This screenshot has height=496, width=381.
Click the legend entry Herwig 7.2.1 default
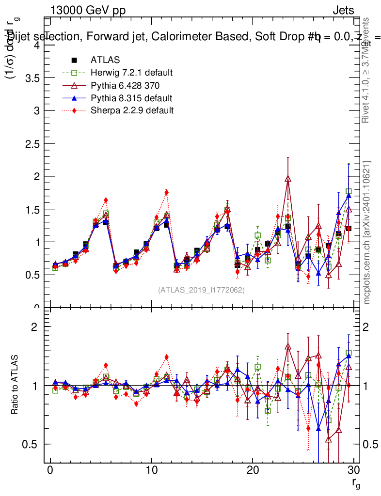(x=131, y=73)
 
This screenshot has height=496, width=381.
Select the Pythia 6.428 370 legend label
(x=125, y=85)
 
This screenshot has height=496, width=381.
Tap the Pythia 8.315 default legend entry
(x=131, y=98)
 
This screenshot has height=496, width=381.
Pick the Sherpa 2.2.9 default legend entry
(x=132, y=110)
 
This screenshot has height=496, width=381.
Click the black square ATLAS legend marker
(x=74, y=60)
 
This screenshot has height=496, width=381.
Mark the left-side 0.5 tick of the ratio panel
(x=35, y=444)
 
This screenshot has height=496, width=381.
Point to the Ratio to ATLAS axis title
(x=15, y=385)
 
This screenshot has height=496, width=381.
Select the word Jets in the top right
(x=343, y=10)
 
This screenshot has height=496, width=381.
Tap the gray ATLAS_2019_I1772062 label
(x=201, y=290)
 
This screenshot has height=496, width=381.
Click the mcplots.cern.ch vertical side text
(x=367, y=232)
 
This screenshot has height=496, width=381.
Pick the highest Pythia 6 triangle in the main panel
(x=288, y=179)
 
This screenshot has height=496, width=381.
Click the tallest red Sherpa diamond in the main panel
(x=166, y=192)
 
